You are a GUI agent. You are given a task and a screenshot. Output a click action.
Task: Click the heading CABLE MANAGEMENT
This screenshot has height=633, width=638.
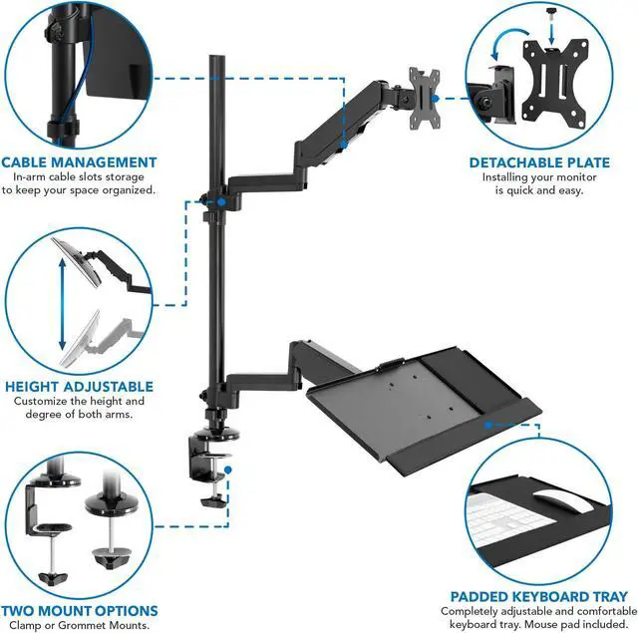[x=79, y=161]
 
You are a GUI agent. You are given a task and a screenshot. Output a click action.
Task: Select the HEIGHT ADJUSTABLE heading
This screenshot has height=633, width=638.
[x=79, y=386]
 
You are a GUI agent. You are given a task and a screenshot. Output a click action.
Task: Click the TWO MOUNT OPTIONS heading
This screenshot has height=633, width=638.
[x=79, y=610]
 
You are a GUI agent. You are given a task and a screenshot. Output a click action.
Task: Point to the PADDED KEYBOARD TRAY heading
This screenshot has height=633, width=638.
[x=538, y=595]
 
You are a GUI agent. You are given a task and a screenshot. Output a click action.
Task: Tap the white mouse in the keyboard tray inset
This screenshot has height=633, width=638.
[x=549, y=502]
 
